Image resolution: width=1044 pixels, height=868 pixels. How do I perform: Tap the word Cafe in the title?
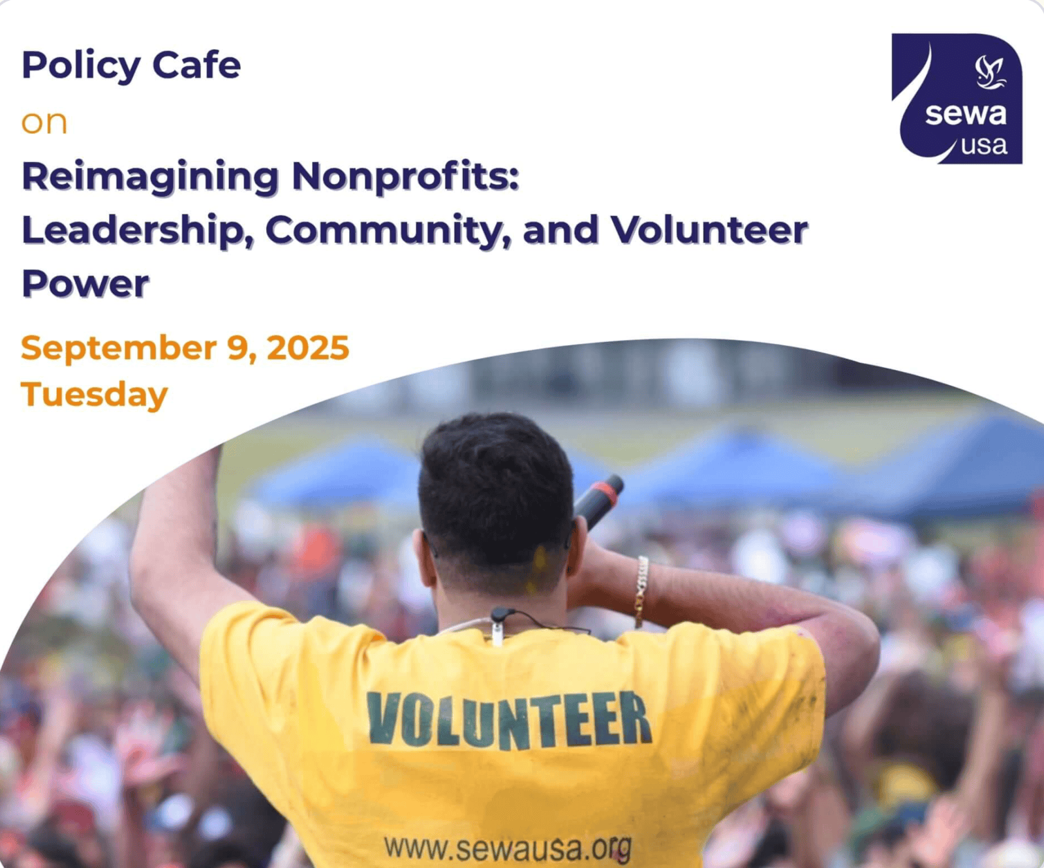[x=196, y=65]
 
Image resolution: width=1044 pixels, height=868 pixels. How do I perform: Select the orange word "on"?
[x=44, y=123]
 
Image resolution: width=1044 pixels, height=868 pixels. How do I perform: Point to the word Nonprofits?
[x=405, y=176]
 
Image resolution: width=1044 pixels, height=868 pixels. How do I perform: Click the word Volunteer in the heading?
[x=709, y=230]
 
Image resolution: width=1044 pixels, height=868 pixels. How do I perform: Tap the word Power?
[x=85, y=284]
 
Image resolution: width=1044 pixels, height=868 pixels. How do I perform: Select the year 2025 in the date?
[x=308, y=348]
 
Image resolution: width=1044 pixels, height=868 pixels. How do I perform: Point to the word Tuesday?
[x=94, y=395]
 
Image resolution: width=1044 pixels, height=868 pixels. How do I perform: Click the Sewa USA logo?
[x=957, y=99]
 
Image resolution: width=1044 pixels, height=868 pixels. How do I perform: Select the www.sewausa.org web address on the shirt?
[x=508, y=848]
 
